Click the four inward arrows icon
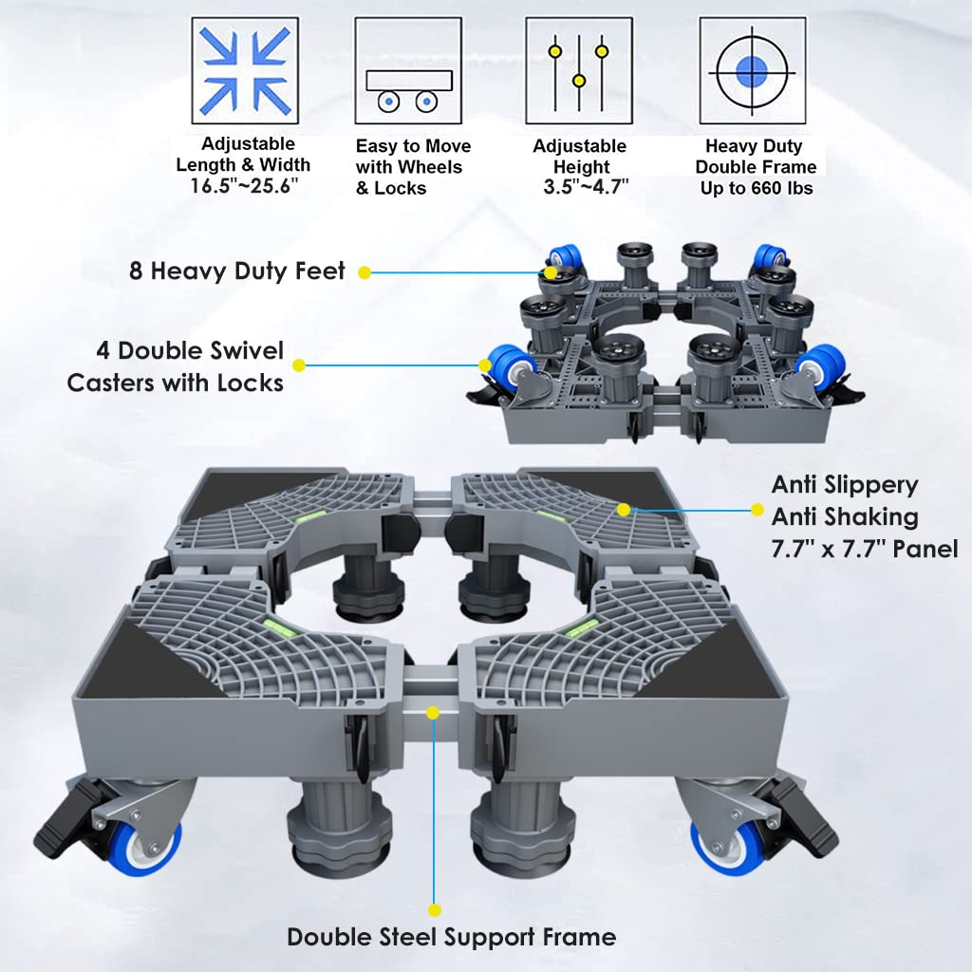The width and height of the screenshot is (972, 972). (245, 70)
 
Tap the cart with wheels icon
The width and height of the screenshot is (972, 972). (408, 91)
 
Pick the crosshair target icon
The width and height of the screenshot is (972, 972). (753, 70)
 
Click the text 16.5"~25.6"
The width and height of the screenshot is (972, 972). (244, 185)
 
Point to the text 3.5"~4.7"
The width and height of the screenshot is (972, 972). (586, 187)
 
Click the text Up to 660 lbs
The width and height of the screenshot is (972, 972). (757, 188)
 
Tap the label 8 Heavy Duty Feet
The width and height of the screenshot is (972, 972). (236, 271)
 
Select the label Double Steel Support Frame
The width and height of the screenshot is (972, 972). (451, 937)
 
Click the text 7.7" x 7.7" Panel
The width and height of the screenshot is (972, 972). (865, 550)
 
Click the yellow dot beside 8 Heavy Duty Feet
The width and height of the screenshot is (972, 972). (364, 272)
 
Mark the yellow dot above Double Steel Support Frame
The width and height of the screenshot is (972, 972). (435, 910)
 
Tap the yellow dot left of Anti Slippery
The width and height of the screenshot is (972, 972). (757, 510)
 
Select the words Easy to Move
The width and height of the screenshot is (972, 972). (414, 146)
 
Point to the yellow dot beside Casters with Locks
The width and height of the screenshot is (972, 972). (299, 365)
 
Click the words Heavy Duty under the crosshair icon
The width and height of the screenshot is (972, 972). (754, 146)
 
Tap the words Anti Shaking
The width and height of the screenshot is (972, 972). (844, 517)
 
